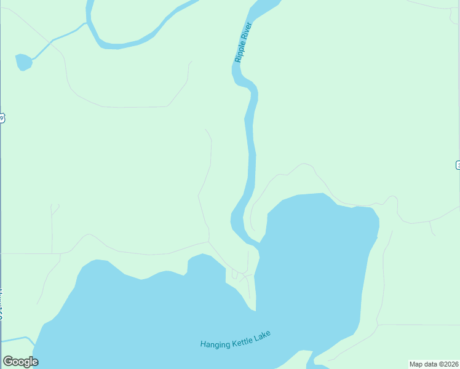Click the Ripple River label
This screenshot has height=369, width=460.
[244, 42]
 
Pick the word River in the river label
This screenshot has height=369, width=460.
[247, 31]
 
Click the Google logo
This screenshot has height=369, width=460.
[20, 362]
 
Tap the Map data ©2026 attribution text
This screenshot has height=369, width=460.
[434, 363]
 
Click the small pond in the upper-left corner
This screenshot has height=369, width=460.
[23, 62]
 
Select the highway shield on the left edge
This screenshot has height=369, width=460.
[2, 118]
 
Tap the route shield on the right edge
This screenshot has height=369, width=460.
[458, 165]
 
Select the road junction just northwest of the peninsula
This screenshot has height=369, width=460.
[209, 242]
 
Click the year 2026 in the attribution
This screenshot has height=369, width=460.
[450, 363]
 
